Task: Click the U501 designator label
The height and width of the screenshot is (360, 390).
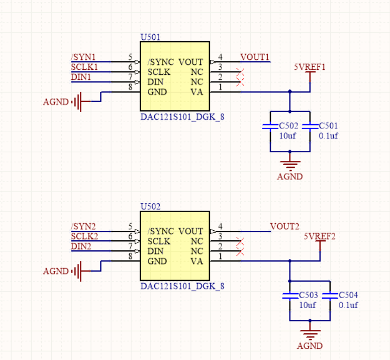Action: pyautogui.click(x=150, y=37)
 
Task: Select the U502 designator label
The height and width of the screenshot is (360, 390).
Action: pyautogui.click(x=150, y=207)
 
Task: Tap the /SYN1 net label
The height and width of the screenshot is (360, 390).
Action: pyautogui.click(x=83, y=57)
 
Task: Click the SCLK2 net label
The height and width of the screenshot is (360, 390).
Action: pyautogui.click(x=84, y=236)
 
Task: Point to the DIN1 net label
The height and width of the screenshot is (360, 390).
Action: pyautogui.click(x=81, y=77)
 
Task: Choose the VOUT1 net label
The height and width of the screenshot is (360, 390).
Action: pyautogui.click(x=255, y=57)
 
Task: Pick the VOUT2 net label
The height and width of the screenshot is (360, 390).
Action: pyautogui.click(x=284, y=226)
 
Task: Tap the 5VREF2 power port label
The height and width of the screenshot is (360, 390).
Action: pyautogui.click(x=320, y=236)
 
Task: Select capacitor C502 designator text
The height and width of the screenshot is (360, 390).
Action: pyautogui.click(x=288, y=126)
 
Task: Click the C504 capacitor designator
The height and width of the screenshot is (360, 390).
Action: pyautogui.click(x=348, y=295)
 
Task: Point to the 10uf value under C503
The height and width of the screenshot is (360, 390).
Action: pyautogui.click(x=308, y=305)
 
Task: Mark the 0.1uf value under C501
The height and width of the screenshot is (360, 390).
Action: pyautogui.click(x=328, y=136)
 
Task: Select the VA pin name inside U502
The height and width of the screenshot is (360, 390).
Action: pyautogui.click(x=197, y=261)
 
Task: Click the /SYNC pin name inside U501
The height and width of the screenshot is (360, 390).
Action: pyautogui.click(x=160, y=62)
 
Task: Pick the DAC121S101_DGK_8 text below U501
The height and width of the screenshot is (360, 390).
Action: pyautogui.click(x=182, y=117)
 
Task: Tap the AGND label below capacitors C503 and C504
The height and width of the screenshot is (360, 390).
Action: pyautogui.click(x=310, y=346)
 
